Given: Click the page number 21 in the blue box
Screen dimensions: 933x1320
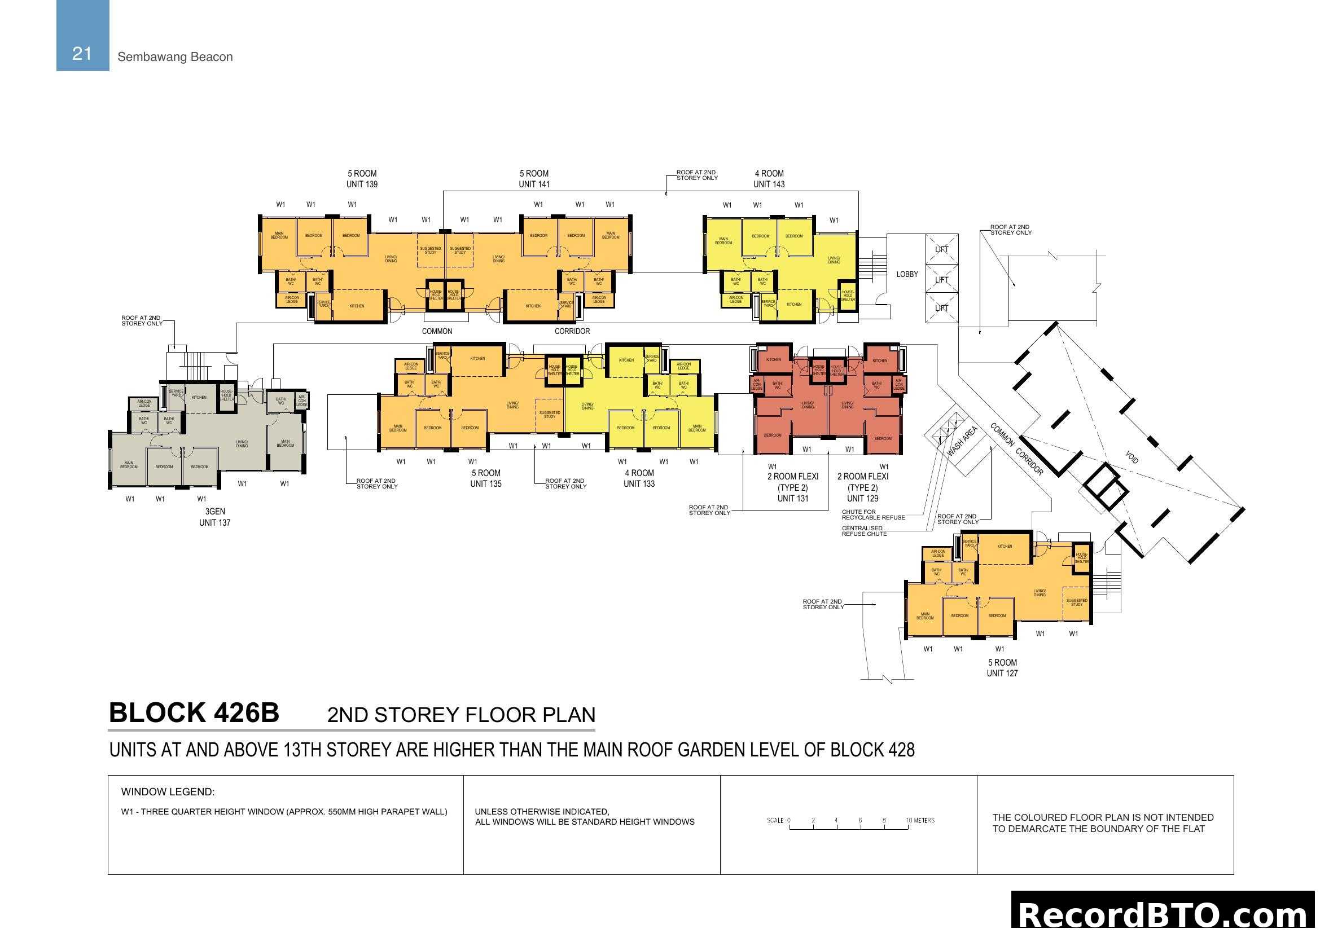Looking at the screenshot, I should click(x=82, y=54).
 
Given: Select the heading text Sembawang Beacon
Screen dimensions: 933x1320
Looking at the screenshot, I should click(x=175, y=57).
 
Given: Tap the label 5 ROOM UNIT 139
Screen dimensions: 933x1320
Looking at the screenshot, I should click(x=362, y=179).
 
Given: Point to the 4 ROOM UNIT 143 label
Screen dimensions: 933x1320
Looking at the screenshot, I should click(x=769, y=179).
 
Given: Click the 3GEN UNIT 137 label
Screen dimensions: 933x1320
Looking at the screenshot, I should click(x=214, y=517).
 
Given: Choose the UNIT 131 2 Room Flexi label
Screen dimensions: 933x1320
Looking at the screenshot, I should click(x=792, y=487).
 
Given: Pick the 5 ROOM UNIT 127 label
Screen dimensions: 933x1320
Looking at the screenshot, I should click(x=1002, y=667).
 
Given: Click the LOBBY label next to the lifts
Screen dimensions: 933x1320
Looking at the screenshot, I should click(x=907, y=274).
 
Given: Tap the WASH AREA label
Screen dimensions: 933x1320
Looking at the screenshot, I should click(x=962, y=441).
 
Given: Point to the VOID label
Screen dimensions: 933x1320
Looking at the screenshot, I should click(x=1132, y=457).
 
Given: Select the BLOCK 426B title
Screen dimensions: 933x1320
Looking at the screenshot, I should click(x=194, y=713).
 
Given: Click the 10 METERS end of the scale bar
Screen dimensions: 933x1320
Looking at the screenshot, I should click(x=920, y=820).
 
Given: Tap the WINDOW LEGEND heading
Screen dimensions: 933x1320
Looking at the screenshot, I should click(x=167, y=791).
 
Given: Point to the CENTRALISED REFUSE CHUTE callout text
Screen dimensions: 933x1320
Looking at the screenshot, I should click(x=864, y=531).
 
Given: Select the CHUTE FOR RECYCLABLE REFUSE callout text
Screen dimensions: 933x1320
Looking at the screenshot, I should click(x=872, y=514).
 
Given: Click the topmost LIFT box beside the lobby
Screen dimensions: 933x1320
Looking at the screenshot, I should click(x=942, y=249).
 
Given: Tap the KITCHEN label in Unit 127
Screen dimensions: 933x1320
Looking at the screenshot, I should click(x=1005, y=547).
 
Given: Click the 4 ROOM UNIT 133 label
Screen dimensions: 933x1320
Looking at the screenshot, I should click(x=639, y=478).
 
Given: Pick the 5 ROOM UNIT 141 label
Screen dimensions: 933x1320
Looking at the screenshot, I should click(x=534, y=179).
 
